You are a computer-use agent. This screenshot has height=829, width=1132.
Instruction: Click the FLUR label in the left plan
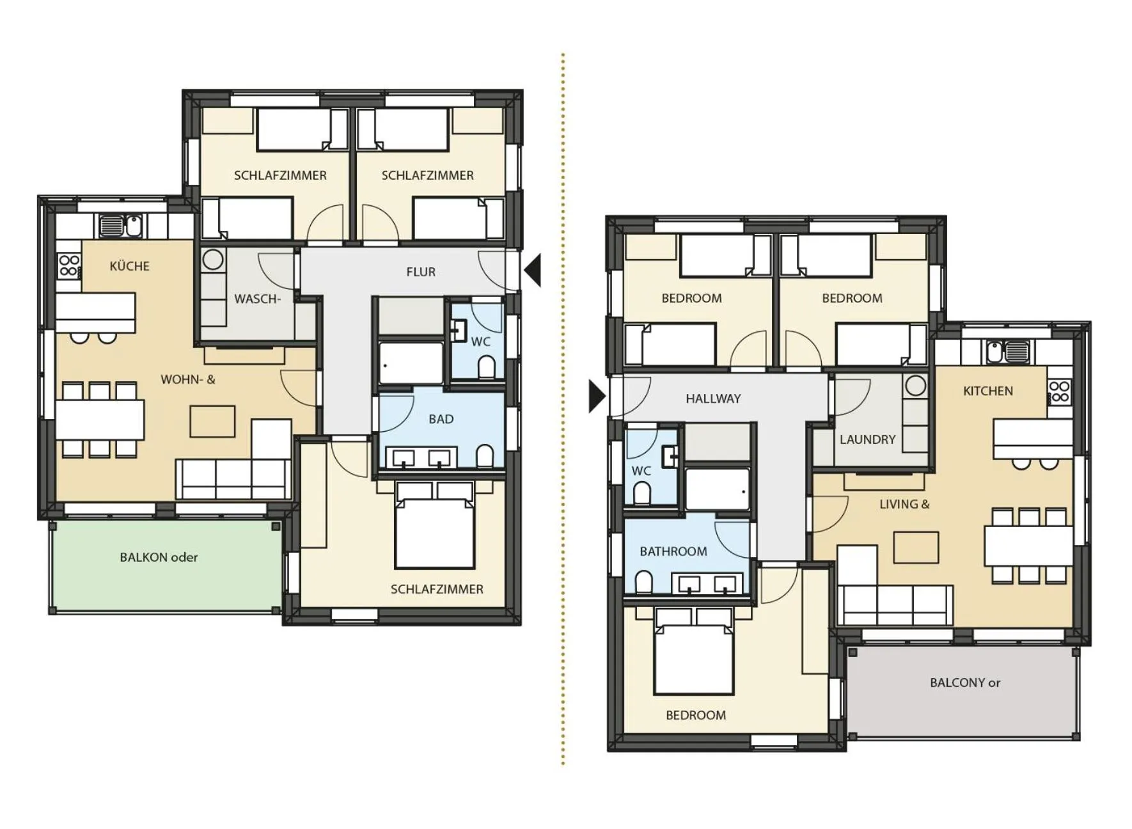[421, 272]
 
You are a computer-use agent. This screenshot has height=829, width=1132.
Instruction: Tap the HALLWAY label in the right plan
[713, 399]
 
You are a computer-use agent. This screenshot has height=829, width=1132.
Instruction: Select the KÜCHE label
[129, 266]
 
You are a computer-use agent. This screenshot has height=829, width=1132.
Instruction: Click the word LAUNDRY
[867, 439]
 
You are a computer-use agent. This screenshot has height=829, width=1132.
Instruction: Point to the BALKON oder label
[159, 557]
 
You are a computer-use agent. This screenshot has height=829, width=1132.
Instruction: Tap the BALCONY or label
[964, 683]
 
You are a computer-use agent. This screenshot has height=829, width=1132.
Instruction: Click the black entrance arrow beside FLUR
[533, 270]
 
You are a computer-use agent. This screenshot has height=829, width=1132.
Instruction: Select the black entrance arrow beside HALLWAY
[596, 397]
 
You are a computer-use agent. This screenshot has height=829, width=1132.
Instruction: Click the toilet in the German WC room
[486, 367]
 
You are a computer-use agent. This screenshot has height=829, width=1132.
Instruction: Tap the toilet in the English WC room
[641, 493]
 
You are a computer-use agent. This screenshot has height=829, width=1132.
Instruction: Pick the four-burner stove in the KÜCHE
[69, 265]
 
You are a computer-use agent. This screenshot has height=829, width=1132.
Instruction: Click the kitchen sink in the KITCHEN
[995, 351]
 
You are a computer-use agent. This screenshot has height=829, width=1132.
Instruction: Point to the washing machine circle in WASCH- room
[213, 259]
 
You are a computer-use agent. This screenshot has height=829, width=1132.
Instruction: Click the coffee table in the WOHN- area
[212, 422]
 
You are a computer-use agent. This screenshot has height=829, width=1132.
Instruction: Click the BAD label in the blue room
[441, 419]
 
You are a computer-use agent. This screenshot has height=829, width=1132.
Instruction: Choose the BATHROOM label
[673, 551]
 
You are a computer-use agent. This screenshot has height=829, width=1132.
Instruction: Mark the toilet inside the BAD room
[485, 456]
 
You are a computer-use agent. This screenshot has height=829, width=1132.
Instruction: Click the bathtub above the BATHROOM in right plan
[716, 489]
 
